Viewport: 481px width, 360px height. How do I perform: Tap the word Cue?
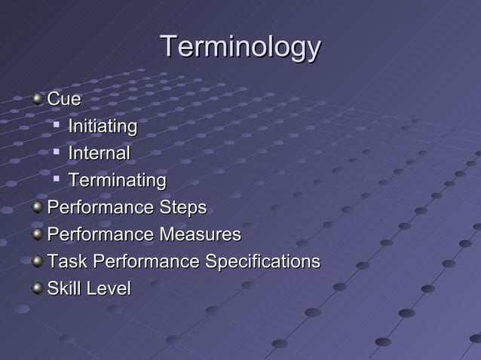(x=63, y=99)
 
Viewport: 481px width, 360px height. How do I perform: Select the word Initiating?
(x=103, y=126)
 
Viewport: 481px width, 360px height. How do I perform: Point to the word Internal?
(x=99, y=153)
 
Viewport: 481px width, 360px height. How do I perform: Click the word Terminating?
(x=117, y=181)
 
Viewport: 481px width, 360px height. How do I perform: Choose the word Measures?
(x=198, y=235)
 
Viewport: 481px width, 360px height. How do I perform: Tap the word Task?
(x=65, y=262)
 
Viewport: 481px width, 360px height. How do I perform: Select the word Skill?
(x=65, y=288)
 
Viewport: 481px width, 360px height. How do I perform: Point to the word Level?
(x=109, y=288)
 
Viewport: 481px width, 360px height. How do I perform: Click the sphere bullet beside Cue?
(x=38, y=99)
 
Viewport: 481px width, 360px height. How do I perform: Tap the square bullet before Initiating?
(x=57, y=125)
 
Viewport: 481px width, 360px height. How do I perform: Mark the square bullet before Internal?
(x=57, y=152)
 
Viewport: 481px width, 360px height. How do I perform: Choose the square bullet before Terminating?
(x=57, y=179)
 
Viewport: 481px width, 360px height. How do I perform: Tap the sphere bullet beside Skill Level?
(x=38, y=288)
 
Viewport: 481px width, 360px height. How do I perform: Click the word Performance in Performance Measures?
(x=100, y=235)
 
